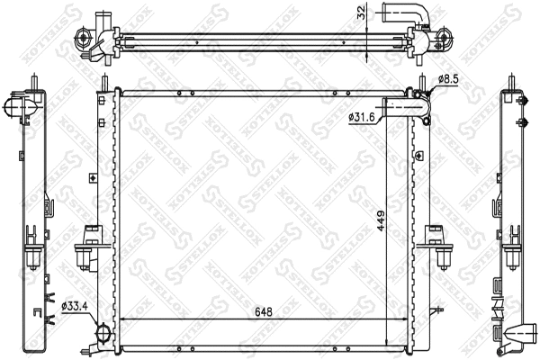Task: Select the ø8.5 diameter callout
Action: (x=448, y=80)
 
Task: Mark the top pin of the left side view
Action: (x=35, y=81)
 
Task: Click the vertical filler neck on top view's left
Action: (x=99, y=23)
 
